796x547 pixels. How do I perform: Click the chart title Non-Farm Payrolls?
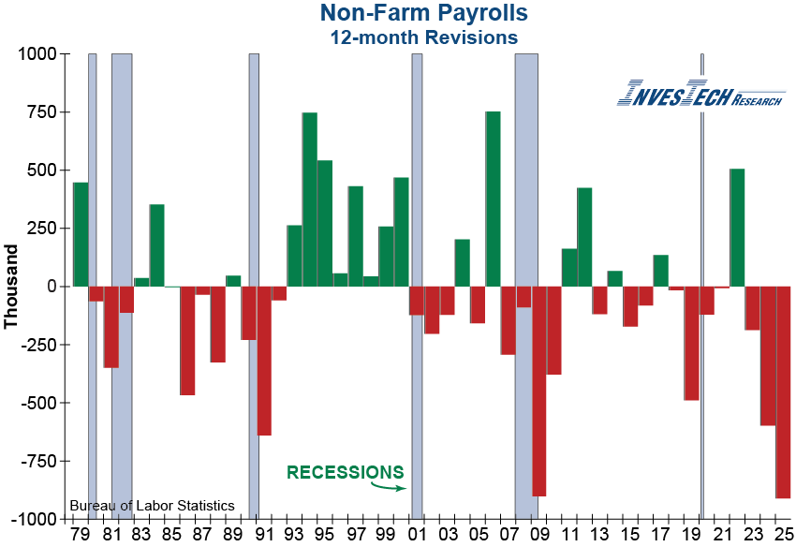click(x=422, y=13)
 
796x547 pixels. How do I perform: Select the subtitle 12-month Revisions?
click(x=422, y=37)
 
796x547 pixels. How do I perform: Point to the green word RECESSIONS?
click(x=346, y=472)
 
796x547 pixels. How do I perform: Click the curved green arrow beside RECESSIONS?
click(x=389, y=485)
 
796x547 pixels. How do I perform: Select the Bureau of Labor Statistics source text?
click(x=152, y=506)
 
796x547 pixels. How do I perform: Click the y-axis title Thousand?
click(x=11, y=286)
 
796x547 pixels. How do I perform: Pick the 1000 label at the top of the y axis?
click(x=37, y=54)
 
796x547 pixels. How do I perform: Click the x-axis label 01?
click(x=416, y=535)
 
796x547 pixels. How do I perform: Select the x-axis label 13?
click(x=599, y=535)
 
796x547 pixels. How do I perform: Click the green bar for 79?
click(x=81, y=234)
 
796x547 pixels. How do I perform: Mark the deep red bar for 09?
click(x=538, y=391)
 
